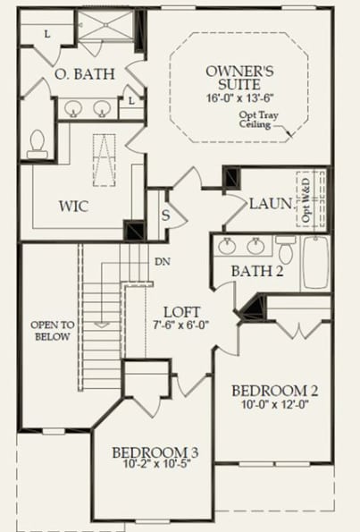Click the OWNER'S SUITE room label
click(239, 77)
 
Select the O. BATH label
click(84, 74)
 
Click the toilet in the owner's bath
click(38, 144)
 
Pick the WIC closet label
click(73, 206)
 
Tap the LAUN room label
click(271, 204)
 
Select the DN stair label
click(163, 262)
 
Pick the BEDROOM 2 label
click(275, 391)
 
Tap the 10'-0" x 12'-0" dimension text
click(275, 405)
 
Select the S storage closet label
click(165, 215)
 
